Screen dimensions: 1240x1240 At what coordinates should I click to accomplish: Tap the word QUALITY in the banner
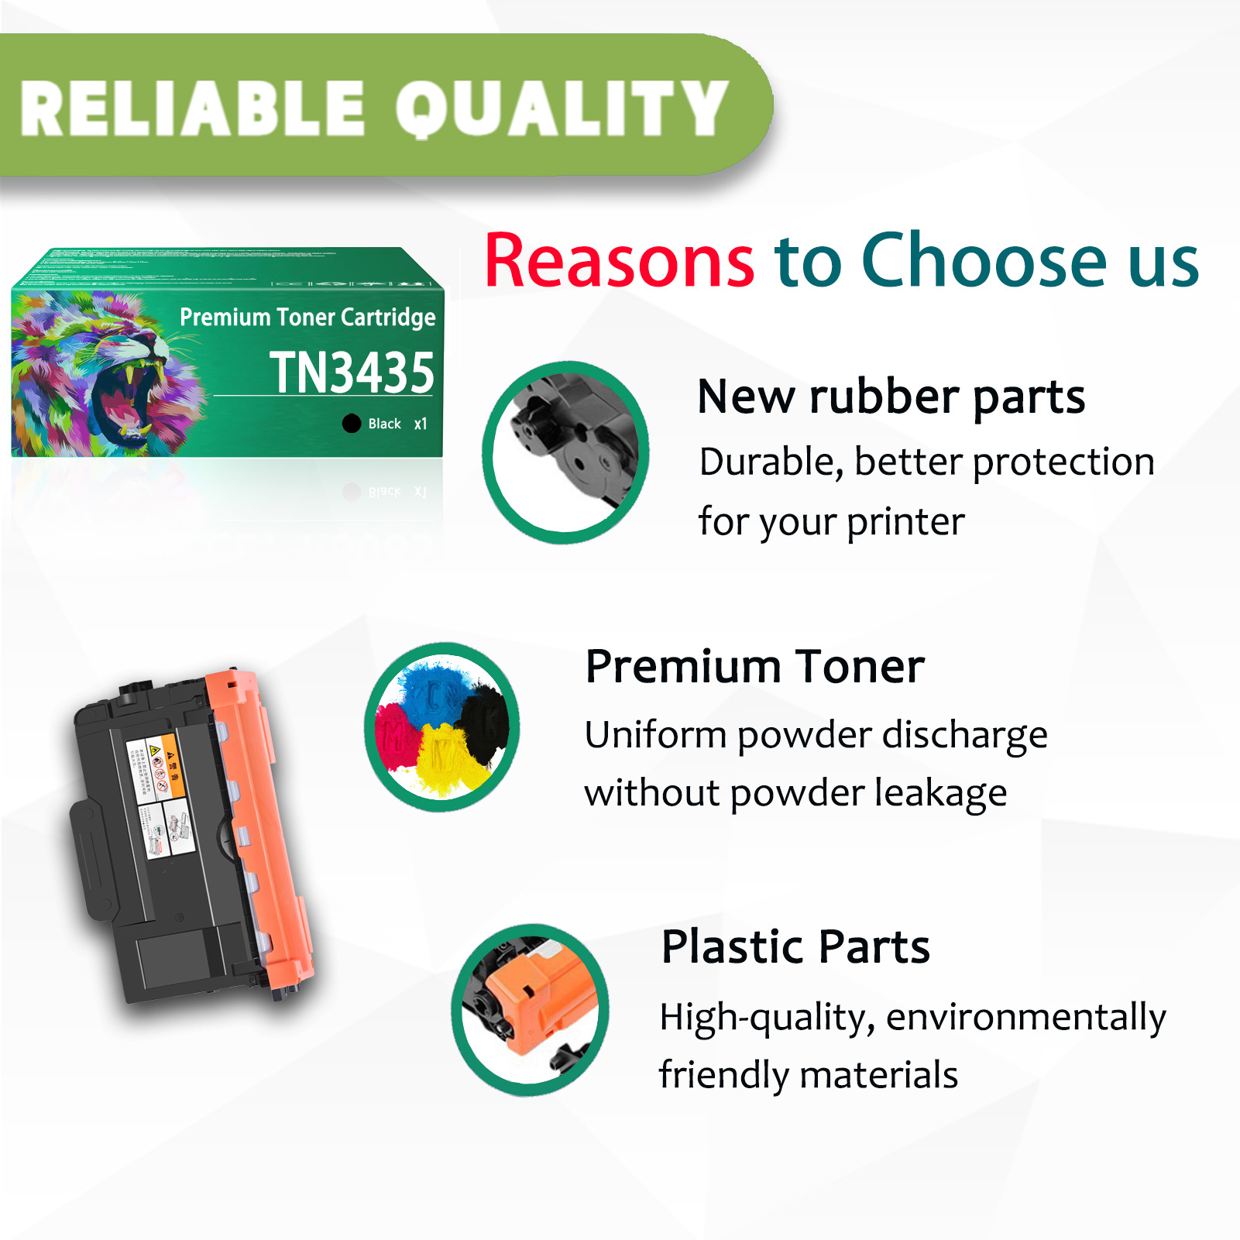point(562,108)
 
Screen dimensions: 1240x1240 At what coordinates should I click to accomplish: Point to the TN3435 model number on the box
point(352,373)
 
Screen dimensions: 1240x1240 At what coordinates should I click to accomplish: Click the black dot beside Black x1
point(352,423)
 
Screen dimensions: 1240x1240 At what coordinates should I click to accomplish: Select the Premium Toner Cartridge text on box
point(307,318)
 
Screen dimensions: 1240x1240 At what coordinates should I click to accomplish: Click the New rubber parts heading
point(891,397)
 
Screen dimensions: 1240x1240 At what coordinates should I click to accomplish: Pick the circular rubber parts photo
point(565,452)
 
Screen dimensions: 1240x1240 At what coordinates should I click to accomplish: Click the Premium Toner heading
point(755,667)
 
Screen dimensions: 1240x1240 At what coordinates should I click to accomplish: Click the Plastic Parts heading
point(795,946)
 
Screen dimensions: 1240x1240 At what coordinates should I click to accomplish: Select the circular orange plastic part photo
point(531,1009)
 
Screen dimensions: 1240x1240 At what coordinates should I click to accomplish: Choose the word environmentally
point(1026,1017)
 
